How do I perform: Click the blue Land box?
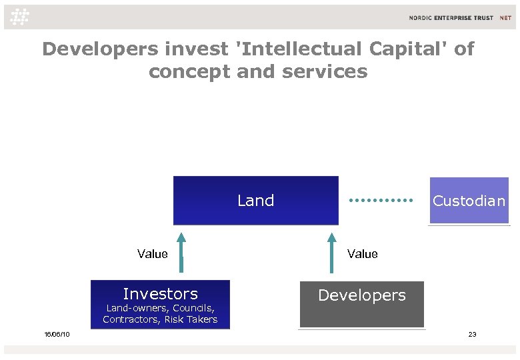point(256,200)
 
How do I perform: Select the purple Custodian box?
point(469,201)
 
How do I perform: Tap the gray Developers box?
point(361,303)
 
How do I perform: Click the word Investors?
point(160,294)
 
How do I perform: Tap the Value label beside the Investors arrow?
point(152,254)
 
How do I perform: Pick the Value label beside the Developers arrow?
point(362,254)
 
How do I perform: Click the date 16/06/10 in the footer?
point(57,334)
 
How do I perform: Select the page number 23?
point(472,334)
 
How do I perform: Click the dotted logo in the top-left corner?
point(21,17)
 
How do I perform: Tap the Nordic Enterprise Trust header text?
point(461,18)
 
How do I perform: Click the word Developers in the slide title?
point(100,49)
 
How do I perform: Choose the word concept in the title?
point(190,71)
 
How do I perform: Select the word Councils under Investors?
point(193,308)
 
